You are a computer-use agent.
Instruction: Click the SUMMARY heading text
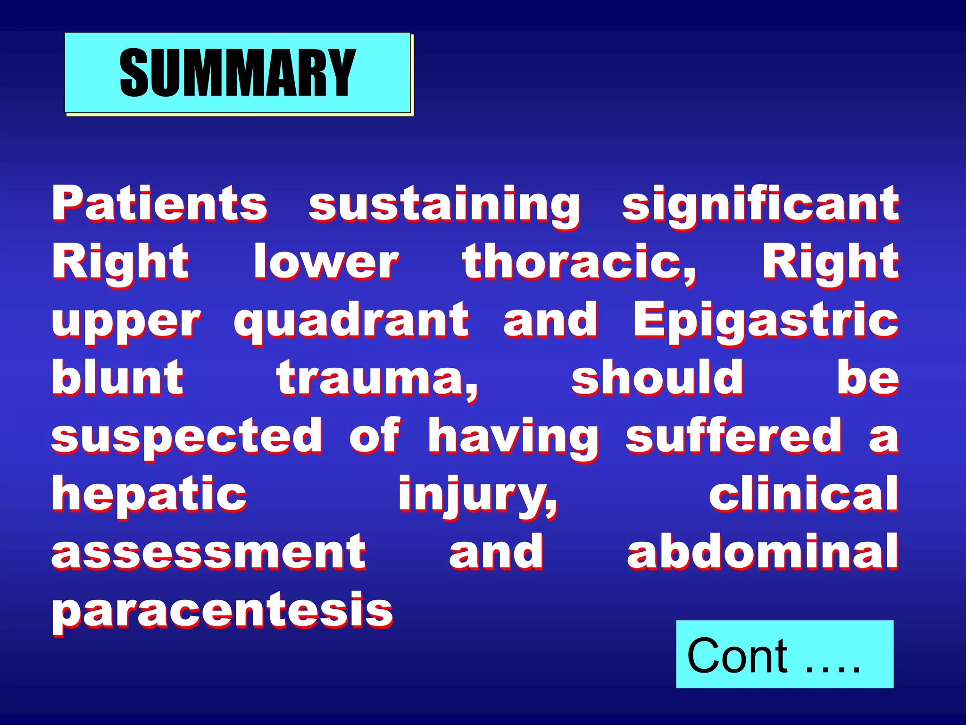click(x=237, y=73)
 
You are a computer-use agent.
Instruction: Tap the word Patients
click(x=160, y=203)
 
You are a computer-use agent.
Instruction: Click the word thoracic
click(x=579, y=262)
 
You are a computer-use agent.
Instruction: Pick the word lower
click(x=326, y=262)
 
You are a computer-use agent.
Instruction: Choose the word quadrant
click(x=351, y=321)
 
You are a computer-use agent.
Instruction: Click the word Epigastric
click(x=766, y=321)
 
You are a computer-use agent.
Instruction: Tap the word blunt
click(x=117, y=378)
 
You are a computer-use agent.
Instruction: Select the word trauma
click(x=377, y=379)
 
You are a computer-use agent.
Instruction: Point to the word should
click(x=657, y=378)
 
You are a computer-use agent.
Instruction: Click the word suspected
click(x=187, y=437)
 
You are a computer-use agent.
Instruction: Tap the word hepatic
click(x=149, y=495)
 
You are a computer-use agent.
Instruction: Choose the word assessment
click(x=208, y=552)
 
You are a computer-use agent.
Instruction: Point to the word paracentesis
click(x=222, y=611)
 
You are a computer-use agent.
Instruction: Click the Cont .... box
click(x=784, y=654)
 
